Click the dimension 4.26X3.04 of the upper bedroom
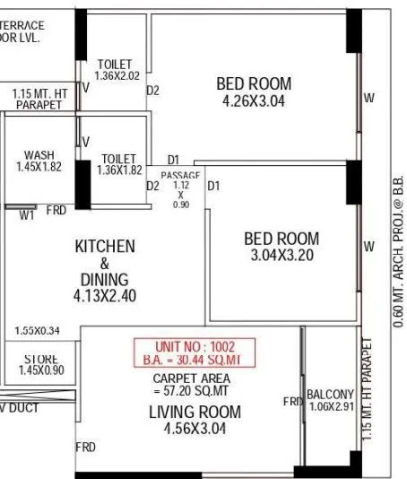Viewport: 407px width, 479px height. [254, 101]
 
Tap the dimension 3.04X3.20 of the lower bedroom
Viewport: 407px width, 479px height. [281, 256]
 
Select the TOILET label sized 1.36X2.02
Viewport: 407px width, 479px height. [115, 65]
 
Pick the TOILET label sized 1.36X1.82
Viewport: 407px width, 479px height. [118, 157]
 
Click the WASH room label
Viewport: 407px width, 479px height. [39, 154]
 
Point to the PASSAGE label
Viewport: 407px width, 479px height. [180, 174]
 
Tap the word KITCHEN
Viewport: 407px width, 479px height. [105, 246]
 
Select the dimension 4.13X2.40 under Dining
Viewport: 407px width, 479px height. [105, 295]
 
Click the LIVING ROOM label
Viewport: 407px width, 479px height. [195, 412]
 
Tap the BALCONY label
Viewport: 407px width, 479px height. [331, 395]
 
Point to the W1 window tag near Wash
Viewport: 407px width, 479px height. [27, 213]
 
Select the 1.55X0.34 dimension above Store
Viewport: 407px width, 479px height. [38, 331]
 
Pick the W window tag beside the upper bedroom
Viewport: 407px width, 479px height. [368, 98]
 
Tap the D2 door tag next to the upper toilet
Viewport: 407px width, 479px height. [152, 90]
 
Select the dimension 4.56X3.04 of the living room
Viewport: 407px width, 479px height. [195, 429]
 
